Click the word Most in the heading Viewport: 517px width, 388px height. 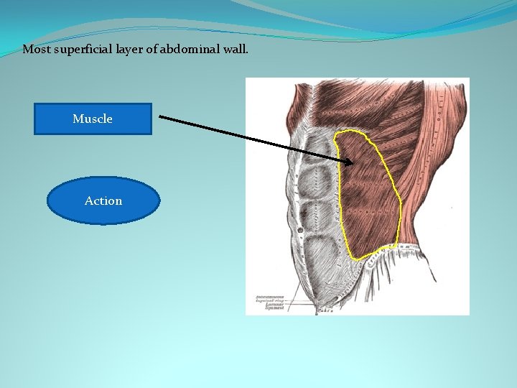(34, 50)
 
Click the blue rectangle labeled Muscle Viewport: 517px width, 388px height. (93, 119)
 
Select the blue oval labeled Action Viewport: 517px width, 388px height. (103, 201)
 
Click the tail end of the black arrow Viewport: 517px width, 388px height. (159, 117)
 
